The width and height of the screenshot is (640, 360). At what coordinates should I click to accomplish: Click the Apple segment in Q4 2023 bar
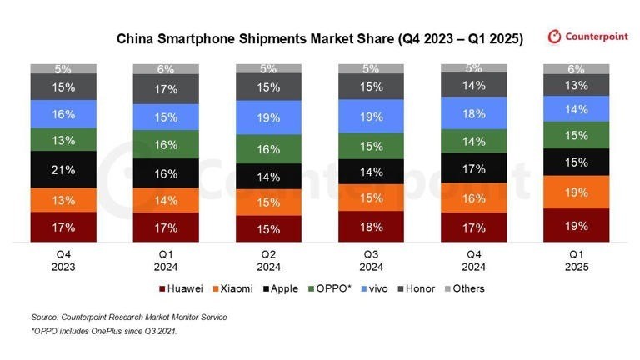[x=63, y=169]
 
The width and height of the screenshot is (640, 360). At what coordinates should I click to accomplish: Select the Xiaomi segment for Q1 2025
[x=577, y=192]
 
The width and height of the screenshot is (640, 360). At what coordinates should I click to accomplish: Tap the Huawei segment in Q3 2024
[x=372, y=226]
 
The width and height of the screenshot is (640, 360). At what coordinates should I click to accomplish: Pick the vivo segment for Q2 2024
[x=269, y=117]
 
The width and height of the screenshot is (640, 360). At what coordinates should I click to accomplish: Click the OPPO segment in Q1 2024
[x=166, y=145]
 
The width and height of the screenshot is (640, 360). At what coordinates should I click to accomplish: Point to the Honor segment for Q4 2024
[x=474, y=85]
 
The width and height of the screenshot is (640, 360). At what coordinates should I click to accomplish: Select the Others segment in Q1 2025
[x=577, y=69]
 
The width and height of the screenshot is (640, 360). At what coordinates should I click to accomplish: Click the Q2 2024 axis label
[x=269, y=261]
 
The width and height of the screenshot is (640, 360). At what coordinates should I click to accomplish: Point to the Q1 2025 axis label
[x=577, y=261]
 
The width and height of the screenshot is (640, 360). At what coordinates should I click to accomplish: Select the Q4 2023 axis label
[x=63, y=261]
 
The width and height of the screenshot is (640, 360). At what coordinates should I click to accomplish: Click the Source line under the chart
[x=129, y=317]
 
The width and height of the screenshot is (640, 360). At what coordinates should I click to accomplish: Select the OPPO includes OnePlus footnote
[x=105, y=332]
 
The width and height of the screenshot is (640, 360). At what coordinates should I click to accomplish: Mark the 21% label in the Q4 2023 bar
[x=63, y=169]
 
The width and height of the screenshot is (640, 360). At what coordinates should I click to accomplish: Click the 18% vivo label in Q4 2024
[x=474, y=114]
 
